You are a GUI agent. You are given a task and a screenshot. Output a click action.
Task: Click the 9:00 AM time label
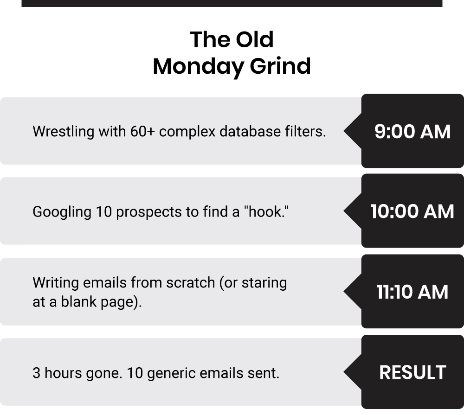(412, 131)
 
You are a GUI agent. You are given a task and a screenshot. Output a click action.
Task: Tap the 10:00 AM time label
(412, 211)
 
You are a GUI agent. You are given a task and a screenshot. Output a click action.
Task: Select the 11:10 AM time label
(412, 292)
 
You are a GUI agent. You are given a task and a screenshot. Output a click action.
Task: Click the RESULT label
(412, 372)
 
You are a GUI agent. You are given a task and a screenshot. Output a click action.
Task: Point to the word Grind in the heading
(280, 66)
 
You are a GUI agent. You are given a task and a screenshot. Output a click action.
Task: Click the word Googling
(62, 212)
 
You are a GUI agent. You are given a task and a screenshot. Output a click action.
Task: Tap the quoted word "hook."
(266, 212)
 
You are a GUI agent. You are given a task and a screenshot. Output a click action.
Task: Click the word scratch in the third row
(190, 283)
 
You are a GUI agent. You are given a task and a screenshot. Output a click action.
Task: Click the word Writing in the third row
(56, 283)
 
